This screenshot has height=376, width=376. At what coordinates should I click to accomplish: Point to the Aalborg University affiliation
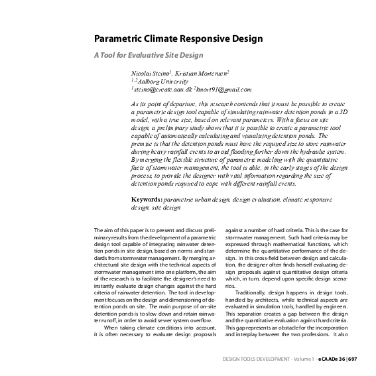tap(157, 80)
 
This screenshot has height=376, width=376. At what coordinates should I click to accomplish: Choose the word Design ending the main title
tap(249, 39)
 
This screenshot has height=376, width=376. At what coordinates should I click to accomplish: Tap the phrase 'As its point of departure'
tap(163, 105)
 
